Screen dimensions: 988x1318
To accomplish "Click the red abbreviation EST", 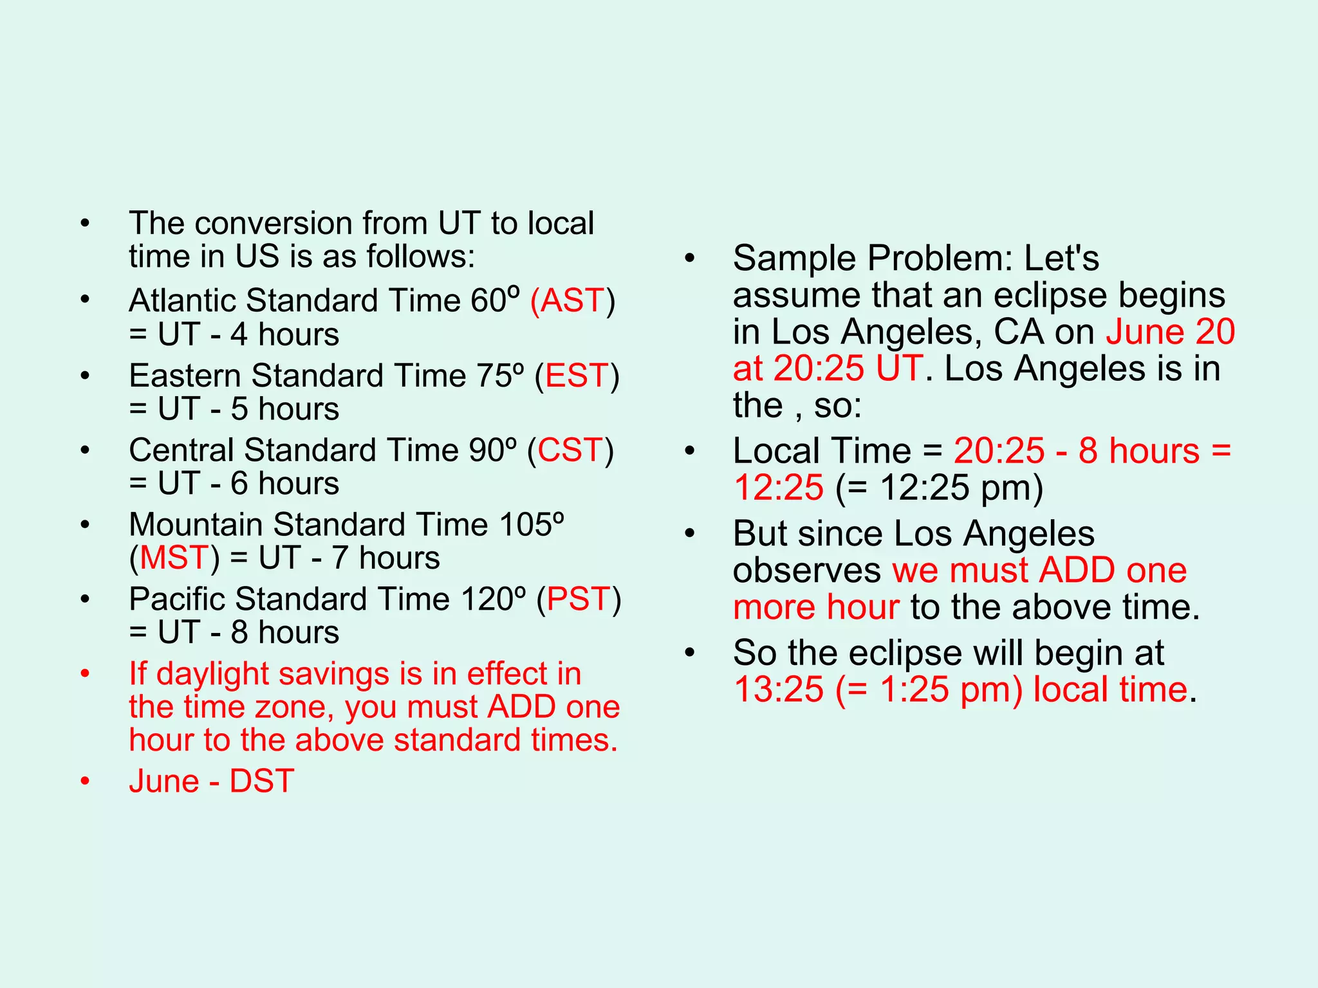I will coord(577,376).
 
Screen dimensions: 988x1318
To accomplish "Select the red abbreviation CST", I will coord(570,450).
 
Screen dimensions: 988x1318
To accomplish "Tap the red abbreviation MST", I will coord(174,558).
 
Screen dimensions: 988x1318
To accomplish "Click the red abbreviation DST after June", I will coord(261,782).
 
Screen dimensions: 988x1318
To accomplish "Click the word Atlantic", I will coord(183,300).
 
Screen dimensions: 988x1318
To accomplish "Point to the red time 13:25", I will coord(779,690).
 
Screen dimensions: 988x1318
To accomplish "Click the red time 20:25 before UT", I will coord(818,369).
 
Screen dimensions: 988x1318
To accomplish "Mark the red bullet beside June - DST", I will coord(85,782).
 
